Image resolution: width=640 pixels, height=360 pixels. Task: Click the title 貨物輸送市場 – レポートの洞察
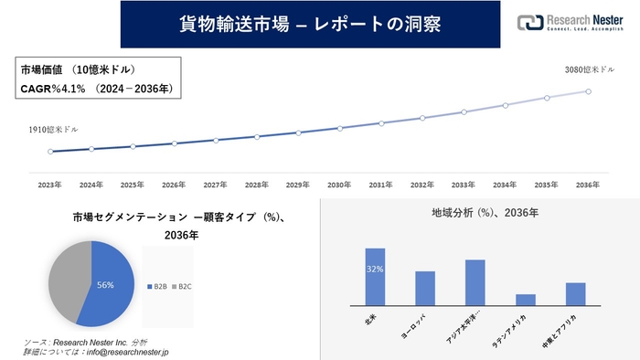tap(311, 24)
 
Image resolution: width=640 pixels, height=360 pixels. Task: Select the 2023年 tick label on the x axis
tap(50, 185)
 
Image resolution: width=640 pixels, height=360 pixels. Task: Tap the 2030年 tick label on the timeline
tap(339, 185)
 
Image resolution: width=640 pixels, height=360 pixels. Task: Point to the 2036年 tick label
tap(588, 185)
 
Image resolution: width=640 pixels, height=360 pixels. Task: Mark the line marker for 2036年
tap(588, 91)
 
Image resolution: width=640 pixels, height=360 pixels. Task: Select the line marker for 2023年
tap(50, 152)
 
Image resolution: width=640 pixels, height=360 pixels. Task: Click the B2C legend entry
tap(183, 286)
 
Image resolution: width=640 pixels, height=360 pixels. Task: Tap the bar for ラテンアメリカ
tap(525, 300)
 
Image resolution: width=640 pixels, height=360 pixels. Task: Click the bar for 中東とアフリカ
tap(575, 293)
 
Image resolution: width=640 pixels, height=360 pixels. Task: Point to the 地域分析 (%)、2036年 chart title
tap(485, 212)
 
